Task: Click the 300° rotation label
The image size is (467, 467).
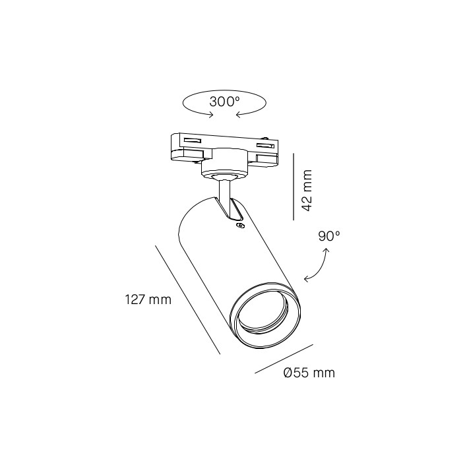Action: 224,102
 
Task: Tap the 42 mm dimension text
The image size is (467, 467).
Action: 307,191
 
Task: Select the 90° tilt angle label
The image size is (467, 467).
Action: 328,236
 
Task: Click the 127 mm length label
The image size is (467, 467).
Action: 148,299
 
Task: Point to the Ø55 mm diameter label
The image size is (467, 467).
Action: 309,373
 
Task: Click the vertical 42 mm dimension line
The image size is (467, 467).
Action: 294,187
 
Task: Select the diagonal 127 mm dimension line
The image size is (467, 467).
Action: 187,300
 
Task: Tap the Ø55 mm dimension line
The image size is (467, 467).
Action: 284,359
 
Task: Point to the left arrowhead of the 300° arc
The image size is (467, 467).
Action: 211,115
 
